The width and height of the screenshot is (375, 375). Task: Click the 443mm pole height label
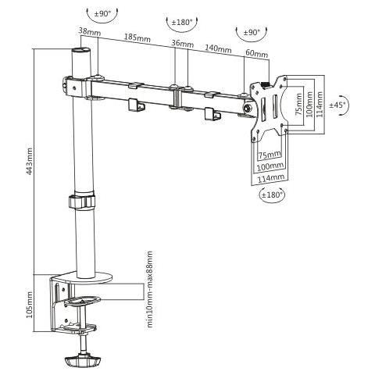coord(30,161)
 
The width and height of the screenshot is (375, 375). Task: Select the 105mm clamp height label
coord(30,305)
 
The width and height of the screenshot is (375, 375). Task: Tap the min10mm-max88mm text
coord(149,289)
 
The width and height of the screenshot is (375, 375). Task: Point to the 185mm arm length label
coord(137,37)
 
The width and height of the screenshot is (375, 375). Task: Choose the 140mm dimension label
coord(218,48)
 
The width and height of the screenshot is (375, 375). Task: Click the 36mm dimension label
coord(183,43)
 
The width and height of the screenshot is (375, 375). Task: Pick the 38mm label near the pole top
coord(90,31)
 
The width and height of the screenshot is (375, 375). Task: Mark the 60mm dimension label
coord(257,53)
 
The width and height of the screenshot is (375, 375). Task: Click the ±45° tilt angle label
coord(337,105)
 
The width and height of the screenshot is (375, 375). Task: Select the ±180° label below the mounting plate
coord(272,195)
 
